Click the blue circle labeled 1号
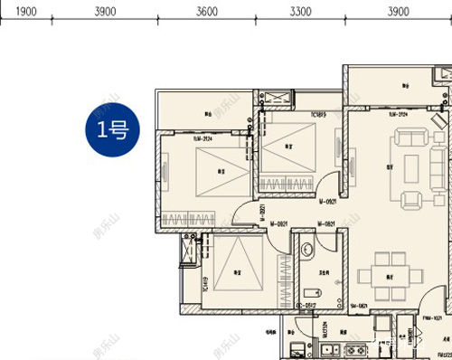[113, 130]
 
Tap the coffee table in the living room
[412, 167]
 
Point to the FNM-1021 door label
[429, 318]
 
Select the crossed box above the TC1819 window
[276, 99]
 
